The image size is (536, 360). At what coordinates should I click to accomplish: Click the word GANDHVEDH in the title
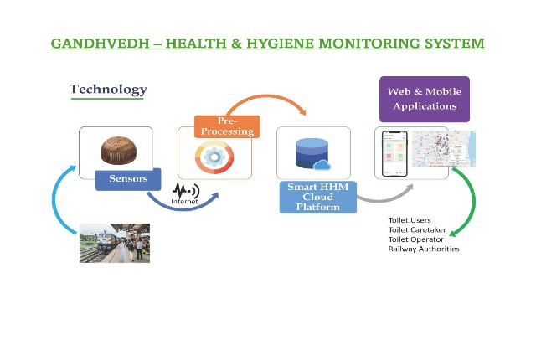100,44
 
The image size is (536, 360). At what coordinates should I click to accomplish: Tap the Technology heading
108,89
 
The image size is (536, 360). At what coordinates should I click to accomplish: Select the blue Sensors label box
128,179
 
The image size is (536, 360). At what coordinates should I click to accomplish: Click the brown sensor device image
118,151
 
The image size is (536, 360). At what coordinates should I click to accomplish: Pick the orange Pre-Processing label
227,126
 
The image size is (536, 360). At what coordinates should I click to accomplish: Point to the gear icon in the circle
214,157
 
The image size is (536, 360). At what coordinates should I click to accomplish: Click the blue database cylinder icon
312,153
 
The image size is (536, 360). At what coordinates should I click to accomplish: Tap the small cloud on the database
322,165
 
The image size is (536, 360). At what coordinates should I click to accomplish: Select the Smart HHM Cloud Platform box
318,197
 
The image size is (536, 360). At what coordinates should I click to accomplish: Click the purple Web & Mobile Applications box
425,99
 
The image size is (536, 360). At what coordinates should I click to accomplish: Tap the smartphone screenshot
394,153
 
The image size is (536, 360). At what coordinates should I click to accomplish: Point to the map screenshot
444,149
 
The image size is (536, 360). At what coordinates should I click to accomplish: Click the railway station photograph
115,243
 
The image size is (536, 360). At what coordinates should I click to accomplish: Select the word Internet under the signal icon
184,202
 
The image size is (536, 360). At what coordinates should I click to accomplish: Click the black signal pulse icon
186,190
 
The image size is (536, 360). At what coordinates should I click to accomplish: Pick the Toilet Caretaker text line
417,230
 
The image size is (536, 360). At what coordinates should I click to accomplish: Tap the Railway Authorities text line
424,249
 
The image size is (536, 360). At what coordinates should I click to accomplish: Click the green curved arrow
473,202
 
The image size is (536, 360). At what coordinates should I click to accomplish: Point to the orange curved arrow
267,96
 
